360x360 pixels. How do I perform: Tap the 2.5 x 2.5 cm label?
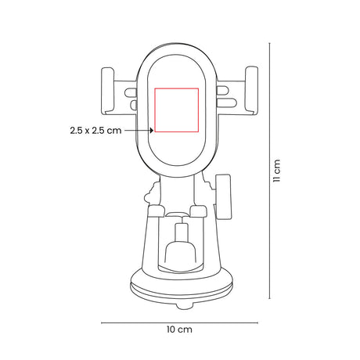(x=95, y=130)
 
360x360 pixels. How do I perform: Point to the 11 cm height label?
(x=276, y=171)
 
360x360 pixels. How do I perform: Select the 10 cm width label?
(x=179, y=329)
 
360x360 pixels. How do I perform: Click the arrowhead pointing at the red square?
(x=151, y=130)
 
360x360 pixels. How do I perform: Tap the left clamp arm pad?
(x=107, y=91)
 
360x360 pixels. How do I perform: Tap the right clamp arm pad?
(x=251, y=91)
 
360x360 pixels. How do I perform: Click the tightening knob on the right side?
(x=224, y=197)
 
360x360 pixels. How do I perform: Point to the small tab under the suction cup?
(x=185, y=306)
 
